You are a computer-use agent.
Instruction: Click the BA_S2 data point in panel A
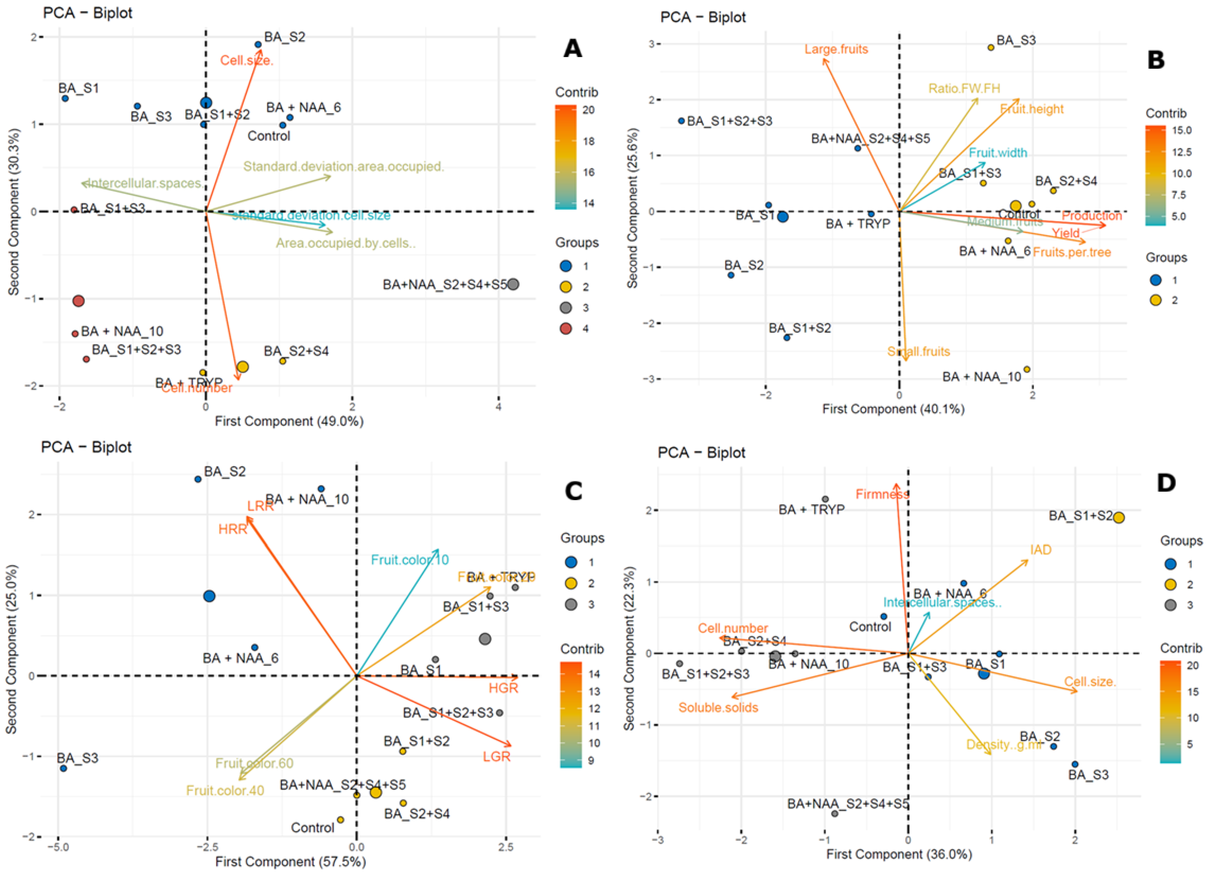(x=258, y=45)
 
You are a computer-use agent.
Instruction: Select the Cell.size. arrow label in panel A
(x=246, y=60)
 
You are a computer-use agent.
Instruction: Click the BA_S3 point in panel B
(x=991, y=47)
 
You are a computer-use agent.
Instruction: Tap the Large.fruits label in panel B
(x=836, y=50)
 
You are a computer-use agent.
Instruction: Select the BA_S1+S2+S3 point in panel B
(x=681, y=121)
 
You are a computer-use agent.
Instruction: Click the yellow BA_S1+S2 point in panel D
(x=1119, y=518)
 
